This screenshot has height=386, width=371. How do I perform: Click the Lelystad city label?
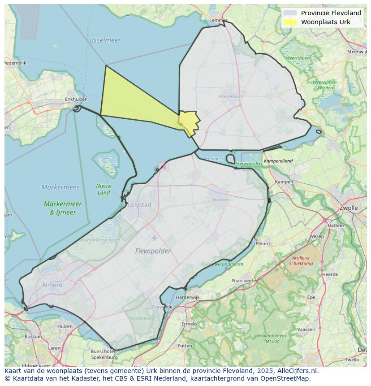(139, 204)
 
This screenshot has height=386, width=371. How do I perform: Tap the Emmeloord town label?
(231, 96)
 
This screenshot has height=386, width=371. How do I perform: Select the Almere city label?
(52, 285)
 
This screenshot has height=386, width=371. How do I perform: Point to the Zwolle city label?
(349, 208)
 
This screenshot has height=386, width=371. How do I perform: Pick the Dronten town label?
(220, 200)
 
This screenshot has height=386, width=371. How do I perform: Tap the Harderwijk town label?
(188, 297)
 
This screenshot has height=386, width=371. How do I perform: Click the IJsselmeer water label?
(105, 40)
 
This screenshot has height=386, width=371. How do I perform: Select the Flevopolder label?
(153, 251)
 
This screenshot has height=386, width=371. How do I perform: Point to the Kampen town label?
(284, 182)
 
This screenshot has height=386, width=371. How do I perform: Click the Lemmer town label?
(218, 21)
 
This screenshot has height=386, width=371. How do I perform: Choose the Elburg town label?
(263, 244)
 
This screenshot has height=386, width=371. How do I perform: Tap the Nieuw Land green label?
(104, 189)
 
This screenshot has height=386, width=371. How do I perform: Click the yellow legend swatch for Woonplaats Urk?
(290, 22)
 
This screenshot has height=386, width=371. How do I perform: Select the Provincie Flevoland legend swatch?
(290, 13)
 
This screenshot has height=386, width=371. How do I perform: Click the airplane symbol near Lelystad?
(155, 238)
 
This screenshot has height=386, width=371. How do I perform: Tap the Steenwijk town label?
(358, 52)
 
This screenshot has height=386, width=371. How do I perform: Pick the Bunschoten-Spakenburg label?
(104, 354)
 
